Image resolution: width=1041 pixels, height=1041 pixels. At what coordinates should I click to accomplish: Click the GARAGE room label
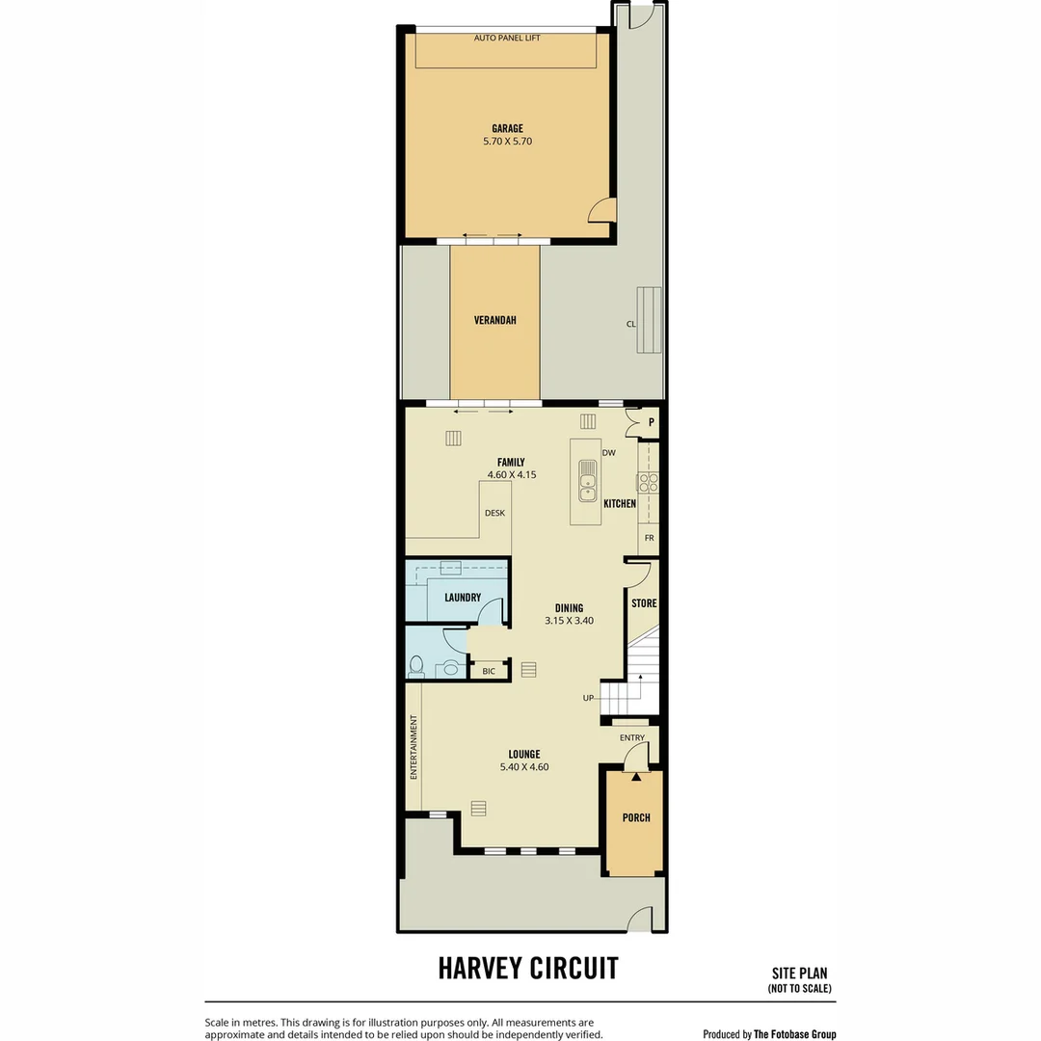coord(507,128)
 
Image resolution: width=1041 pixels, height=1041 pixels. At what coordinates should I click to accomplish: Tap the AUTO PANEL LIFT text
coord(507,38)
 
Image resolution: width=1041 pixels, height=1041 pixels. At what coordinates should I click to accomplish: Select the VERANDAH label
coord(494,320)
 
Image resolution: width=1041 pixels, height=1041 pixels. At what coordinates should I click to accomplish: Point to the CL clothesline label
coord(631,324)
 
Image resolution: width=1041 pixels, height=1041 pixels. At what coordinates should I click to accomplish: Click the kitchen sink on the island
coord(587,481)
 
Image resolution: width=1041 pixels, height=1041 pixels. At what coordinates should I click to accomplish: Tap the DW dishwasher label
coord(608,452)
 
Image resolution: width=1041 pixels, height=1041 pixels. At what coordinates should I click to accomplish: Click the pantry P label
coord(651,422)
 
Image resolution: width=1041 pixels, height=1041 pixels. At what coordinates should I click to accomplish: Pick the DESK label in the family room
coord(494,513)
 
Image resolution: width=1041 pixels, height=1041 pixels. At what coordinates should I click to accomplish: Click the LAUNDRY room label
coord(463,598)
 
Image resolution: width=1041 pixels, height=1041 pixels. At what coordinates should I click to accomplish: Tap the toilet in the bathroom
coord(417,666)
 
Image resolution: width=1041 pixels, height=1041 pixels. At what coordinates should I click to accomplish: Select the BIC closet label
coord(489,671)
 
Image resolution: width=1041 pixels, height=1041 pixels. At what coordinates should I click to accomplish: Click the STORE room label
coord(644,603)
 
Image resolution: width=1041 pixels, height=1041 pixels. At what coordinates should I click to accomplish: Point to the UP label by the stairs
coord(588,698)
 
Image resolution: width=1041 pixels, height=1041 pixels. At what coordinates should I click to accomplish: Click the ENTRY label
coord(632,738)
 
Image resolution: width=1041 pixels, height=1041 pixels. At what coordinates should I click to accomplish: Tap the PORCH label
coord(636,817)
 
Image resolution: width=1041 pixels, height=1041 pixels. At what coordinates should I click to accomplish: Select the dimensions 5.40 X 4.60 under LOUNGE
coord(524,767)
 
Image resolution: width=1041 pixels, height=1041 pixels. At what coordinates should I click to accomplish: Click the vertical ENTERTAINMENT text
coord(414,747)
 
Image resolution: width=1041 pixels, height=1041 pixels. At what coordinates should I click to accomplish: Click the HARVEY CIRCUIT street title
coord(528,968)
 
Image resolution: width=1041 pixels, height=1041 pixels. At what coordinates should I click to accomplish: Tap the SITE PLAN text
coord(799,974)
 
